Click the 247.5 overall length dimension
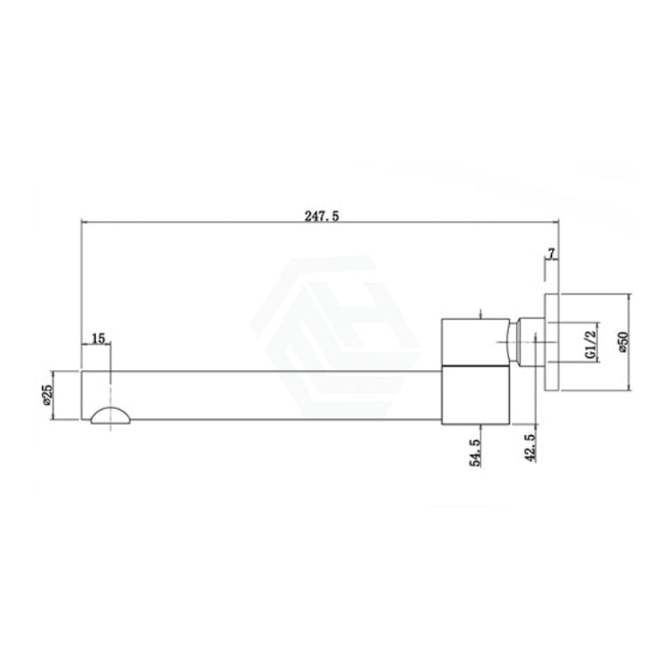[322, 216]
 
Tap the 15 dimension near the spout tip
[98, 339]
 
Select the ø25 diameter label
[47, 394]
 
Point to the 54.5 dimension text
[475, 452]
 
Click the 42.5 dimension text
[531, 448]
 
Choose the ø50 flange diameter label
[623, 343]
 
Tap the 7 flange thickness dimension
[552, 254]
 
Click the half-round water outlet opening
[111, 415]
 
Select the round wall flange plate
[552, 342]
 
